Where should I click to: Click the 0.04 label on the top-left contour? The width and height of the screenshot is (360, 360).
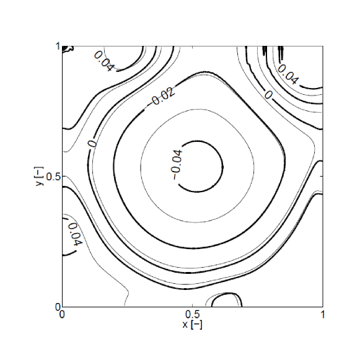pos(103,61)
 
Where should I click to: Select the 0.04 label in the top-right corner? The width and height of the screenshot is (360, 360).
pos(288,74)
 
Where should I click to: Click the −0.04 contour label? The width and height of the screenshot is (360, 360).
pos(177,164)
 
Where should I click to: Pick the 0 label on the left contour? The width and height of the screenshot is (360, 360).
pos(92,144)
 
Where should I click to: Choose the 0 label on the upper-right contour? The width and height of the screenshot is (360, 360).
pos(268,95)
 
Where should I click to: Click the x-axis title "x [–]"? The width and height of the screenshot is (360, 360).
pos(193,325)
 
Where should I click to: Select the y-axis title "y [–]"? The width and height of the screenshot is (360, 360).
pos(40,177)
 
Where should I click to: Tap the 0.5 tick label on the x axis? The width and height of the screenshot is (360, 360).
pos(193,315)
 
